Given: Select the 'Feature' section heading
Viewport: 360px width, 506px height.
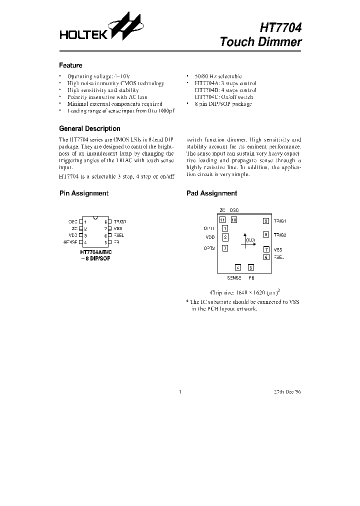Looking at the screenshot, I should click(x=70, y=65).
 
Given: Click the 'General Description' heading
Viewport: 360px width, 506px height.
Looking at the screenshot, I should click(x=89, y=128).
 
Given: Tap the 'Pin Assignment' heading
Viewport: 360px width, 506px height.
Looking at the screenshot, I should click(x=83, y=193).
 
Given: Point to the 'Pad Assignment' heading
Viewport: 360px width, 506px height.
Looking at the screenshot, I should click(x=211, y=193).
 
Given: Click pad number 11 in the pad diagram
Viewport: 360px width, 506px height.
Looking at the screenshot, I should click(x=222, y=220).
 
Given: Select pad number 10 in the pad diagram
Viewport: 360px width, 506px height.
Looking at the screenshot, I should click(x=233, y=220).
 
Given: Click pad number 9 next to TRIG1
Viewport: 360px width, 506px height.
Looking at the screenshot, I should click(x=266, y=220).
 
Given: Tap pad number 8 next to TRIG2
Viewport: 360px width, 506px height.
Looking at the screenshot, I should click(x=266, y=234).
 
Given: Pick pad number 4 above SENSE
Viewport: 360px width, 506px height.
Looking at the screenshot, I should click(x=238, y=267).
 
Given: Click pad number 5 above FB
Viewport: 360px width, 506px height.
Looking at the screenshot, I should click(x=251, y=267).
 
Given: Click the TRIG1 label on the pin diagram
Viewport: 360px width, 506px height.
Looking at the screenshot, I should click(x=120, y=221).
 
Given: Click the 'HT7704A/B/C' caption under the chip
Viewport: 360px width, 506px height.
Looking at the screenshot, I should click(x=95, y=252).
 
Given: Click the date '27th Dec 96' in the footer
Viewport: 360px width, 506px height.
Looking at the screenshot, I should click(x=287, y=392).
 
